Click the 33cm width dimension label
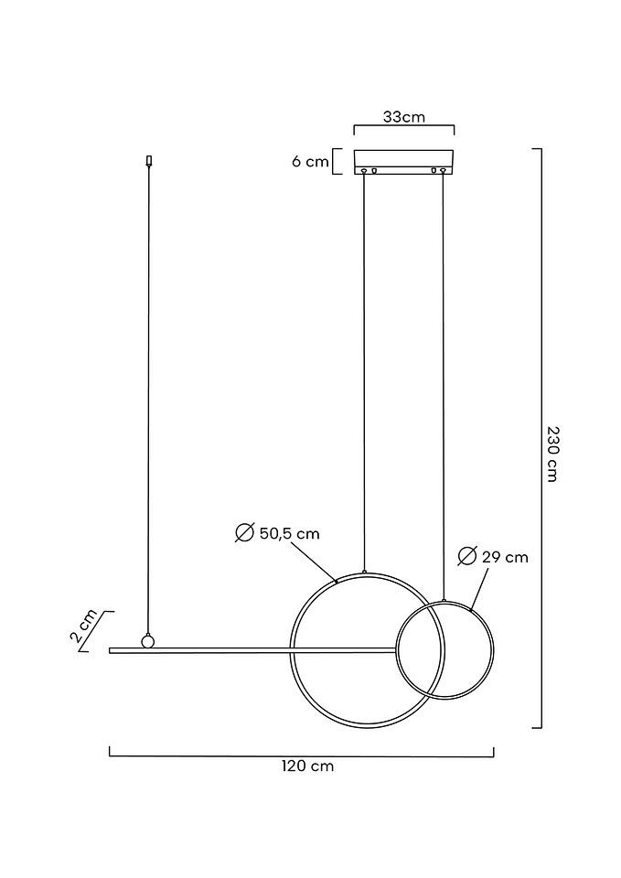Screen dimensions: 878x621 [403, 117]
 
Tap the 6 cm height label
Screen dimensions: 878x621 [310, 162]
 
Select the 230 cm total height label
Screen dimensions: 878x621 [551, 454]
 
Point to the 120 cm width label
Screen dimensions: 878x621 [307, 766]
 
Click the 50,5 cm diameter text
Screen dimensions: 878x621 [289, 533]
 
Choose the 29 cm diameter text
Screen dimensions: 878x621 [505, 556]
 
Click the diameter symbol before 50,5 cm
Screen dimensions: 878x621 [244, 533]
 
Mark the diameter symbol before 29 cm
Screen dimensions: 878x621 [466, 556]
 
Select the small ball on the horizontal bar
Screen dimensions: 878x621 [146, 640]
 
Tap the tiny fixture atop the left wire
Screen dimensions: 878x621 [148, 161]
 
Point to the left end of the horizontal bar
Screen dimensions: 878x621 [112, 651]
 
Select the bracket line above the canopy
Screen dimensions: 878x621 [403, 132]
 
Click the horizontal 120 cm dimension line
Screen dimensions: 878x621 [302, 756]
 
